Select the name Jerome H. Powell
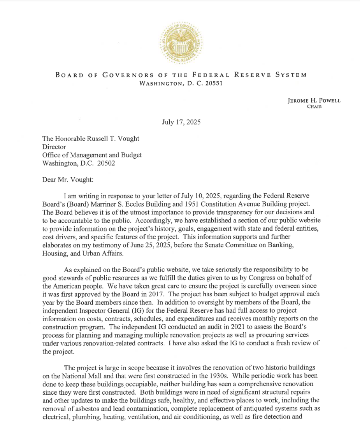314,100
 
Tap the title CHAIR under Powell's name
314,107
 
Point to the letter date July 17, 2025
181,122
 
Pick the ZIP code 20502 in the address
106,163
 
